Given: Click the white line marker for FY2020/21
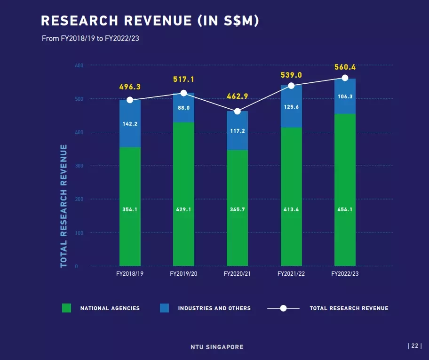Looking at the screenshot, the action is tap(238, 111).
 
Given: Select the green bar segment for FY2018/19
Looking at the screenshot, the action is tap(130, 207).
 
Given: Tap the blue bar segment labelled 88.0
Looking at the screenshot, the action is tap(183, 108).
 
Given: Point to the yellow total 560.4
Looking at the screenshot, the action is tap(345, 67).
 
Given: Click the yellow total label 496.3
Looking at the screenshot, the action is tap(130, 87).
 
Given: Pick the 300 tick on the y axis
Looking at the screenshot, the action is tap(79, 166).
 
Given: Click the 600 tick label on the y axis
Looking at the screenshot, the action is tap(79, 65).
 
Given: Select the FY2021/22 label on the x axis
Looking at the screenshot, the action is tap(291, 274).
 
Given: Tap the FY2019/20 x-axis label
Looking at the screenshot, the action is tap(183, 274).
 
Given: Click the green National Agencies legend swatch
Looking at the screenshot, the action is tap(66, 308).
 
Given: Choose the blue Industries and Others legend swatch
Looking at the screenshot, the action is tap(165, 308).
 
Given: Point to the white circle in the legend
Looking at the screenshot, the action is tap(284, 308).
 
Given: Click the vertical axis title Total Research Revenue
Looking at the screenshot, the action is tap(64, 206).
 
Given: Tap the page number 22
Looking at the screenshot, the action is tap(415, 346).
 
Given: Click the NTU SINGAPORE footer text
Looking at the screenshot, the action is tap(217, 347).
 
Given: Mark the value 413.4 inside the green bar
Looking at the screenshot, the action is tap(291, 209).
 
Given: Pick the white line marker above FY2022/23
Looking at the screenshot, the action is tap(345, 78).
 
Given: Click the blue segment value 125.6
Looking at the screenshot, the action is tap(291, 107).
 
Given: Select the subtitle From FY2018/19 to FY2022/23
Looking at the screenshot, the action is tap(90, 38).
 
